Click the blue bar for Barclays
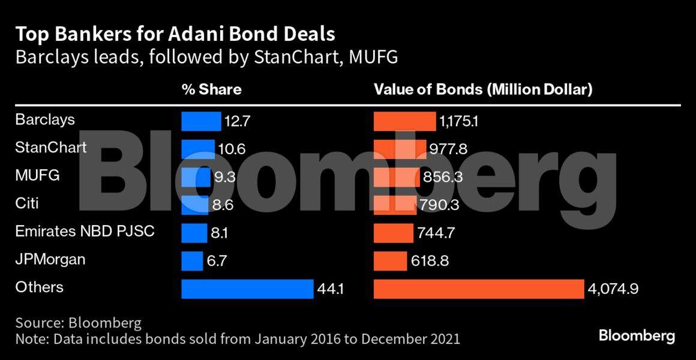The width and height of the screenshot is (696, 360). coord(201,121)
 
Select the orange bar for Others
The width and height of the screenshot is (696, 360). coord(478,289)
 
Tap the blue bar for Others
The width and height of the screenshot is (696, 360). coord(247,289)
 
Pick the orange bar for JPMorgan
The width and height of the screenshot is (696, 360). coord(390,261)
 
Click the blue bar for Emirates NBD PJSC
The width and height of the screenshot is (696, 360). coord(194,233)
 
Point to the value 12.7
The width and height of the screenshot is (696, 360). coord(237,121)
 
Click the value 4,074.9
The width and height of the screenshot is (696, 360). coord(613,289)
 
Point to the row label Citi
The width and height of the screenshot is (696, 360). coord(28,203)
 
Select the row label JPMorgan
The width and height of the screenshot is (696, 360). coord(50,260)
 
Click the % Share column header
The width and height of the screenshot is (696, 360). coord(211,90)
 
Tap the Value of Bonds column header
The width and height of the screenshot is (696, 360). coord(483,90)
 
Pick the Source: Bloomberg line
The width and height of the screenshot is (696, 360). coord(79,323)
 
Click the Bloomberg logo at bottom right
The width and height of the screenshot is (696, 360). coord(637,336)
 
